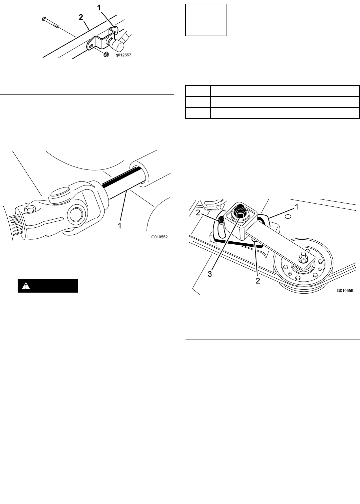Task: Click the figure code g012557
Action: click(x=123, y=55)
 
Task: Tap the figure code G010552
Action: click(x=160, y=237)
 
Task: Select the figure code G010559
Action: click(x=345, y=291)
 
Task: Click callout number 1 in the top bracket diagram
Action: click(x=99, y=8)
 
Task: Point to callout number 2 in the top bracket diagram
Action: click(x=81, y=17)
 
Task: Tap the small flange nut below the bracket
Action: click(x=106, y=54)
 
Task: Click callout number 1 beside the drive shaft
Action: click(x=120, y=225)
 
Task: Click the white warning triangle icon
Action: click(x=26, y=286)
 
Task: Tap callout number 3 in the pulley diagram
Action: click(x=210, y=274)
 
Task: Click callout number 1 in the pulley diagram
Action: click(x=297, y=207)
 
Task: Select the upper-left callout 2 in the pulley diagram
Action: click(x=198, y=213)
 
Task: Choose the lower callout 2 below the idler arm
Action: click(x=258, y=281)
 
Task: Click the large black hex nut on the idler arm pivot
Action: click(x=239, y=211)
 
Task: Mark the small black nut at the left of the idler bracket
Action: click(x=221, y=220)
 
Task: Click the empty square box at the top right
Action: click(x=206, y=20)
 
